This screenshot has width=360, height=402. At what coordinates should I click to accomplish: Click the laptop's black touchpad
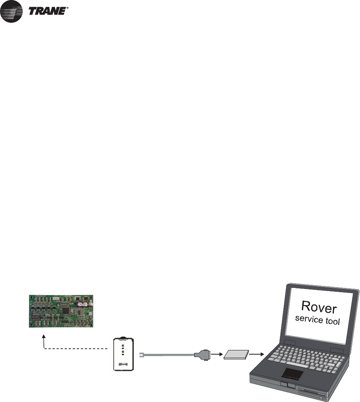coord(294,373)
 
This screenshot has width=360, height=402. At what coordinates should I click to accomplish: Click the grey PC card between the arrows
coord(236,355)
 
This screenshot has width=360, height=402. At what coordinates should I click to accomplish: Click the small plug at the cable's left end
coord(141,355)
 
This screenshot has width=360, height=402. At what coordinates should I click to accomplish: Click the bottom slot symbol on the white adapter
coord(123,363)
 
